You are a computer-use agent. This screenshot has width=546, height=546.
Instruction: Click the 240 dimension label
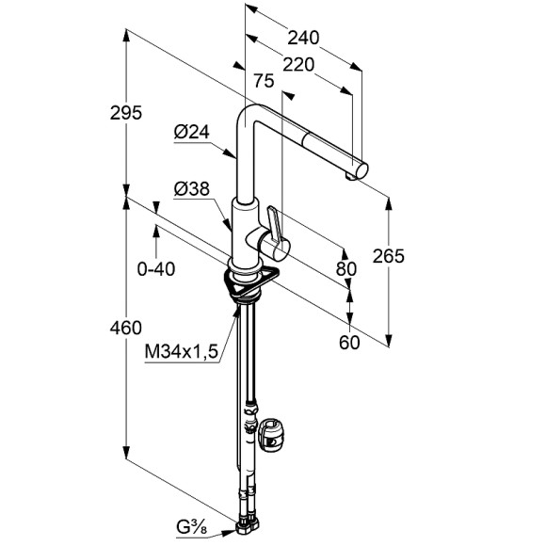303,38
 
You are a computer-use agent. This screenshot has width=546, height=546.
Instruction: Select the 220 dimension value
298,65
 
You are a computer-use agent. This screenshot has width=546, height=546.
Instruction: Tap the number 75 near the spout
264,81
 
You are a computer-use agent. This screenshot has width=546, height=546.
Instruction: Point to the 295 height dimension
126,112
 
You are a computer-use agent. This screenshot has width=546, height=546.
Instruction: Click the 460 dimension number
126,328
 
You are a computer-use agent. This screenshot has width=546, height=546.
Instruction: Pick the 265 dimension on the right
388,256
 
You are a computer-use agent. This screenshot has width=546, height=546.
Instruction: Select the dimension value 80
346,269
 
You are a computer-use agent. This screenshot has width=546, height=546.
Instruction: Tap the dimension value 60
349,343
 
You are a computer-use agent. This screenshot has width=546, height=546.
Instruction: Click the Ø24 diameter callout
191,133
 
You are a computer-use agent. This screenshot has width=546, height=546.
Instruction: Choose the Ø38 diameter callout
192,189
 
